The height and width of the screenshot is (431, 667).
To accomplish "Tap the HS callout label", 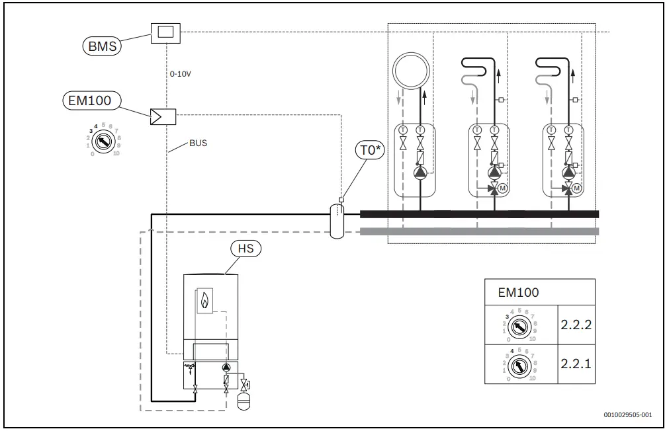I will pyautogui.click(x=245, y=249).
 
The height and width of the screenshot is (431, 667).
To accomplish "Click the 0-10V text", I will pyautogui.click(x=181, y=75).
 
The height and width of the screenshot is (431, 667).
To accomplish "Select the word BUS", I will pyautogui.click(x=198, y=143).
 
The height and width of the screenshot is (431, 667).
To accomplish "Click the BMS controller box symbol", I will pyautogui.click(x=165, y=32).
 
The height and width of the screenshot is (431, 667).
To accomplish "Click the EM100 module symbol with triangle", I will pyautogui.click(x=163, y=117).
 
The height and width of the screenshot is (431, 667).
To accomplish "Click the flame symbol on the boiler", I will pyautogui.click(x=204, y=302).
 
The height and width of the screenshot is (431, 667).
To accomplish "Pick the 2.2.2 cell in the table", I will pyautogui.click(x=575, y=325).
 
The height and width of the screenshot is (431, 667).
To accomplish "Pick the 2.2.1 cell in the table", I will pyautogui.click(x=575, y=364).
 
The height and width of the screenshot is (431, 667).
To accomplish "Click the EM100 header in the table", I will pyautogui.click(x=518, y=293).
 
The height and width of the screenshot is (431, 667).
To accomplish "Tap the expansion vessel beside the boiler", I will pyautogui.click(x=244, y=400).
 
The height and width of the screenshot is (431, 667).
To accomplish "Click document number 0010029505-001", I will pyautogui.click(x=627, y=415).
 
